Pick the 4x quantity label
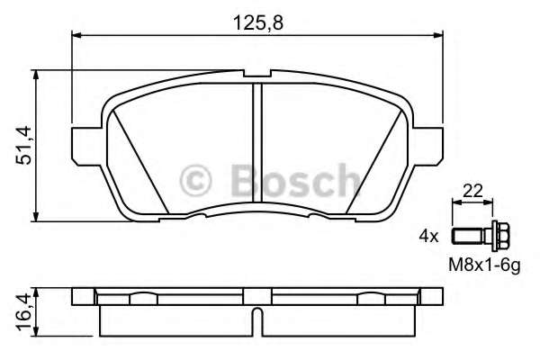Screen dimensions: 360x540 point(427,238)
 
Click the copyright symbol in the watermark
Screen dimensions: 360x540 point(197,180)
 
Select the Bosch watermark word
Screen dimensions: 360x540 point(288,180)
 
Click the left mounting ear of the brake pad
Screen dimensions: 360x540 point(84,142)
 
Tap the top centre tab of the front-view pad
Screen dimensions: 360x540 point(257,75)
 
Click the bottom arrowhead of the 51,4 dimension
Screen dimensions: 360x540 point(37,216)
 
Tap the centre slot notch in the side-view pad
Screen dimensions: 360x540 point(257,317)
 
